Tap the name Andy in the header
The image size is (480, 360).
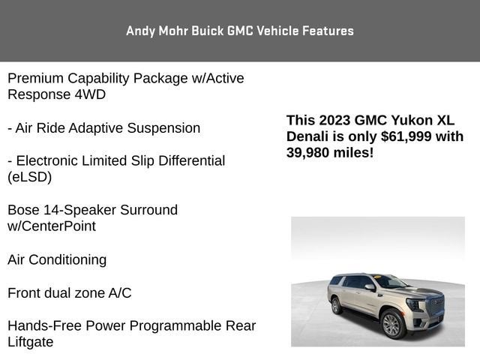point(140,31)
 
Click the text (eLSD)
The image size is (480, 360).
point(30,177)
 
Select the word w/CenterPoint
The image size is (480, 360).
point(52,226)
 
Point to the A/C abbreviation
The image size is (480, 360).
point(117,292)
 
